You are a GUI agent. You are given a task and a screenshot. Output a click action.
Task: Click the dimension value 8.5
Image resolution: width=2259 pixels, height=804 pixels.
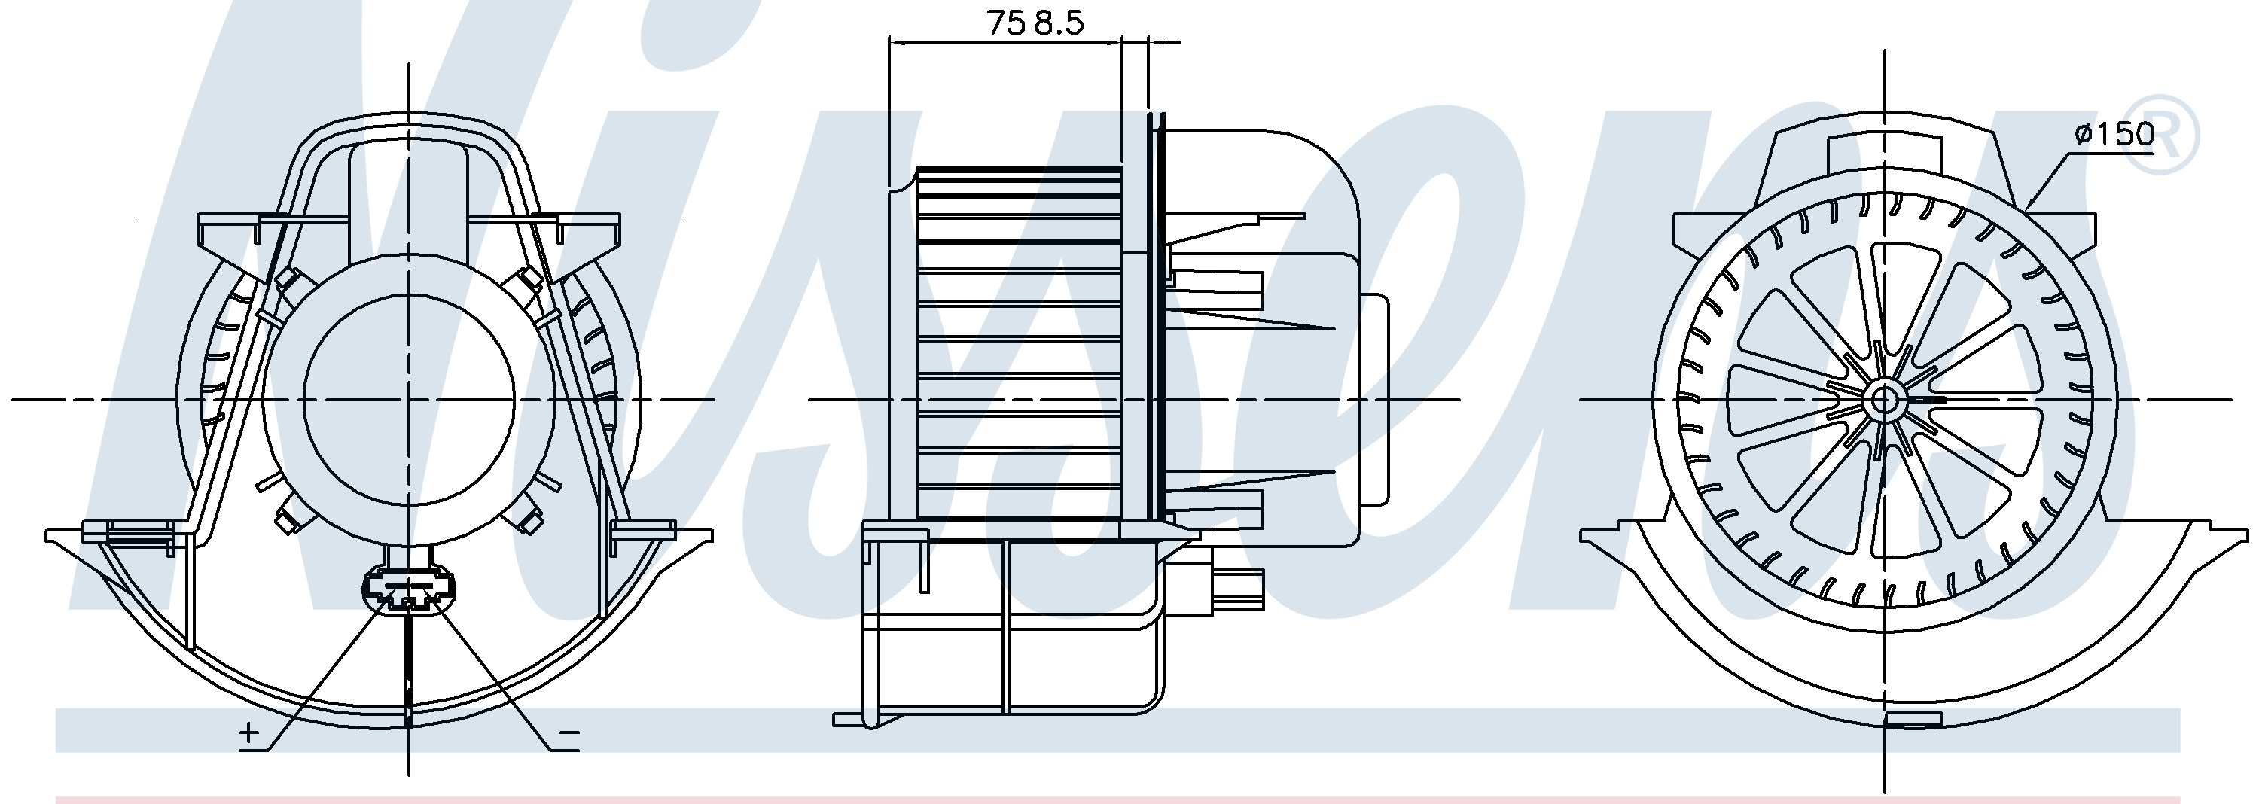tap(1059, 23)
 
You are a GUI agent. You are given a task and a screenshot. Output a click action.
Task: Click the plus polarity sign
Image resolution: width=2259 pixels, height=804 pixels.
tap(248, 731)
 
